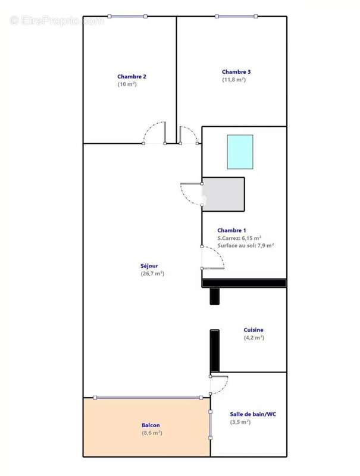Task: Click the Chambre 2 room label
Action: pyautogui.click(x=132, y=76)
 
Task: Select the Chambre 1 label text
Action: pyautogui.click(x=231, y=230)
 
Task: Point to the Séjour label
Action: pyautogui.click(x=149, y=266)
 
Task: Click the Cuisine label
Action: pyautogui.click(x=253, y=330)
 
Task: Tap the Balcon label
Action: pyautogui.click(x=151, y=425)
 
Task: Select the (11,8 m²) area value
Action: pyautogui.click(x=234, y=80)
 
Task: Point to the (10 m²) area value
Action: pyautogui.click(x=127, y=84)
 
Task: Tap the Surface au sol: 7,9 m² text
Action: pyautogui.click(x=246, y=245)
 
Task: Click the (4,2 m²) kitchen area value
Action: pyautogui.click(x=253, y=337)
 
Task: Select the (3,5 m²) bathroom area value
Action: pyautogui.click(x=240, y=422)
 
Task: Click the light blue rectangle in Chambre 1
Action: pyautogui.click(x=240, y=152)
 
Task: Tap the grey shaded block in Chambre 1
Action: pyautogui.click(x=224, y=194)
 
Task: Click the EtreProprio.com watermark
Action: pyautogui.click(x=57, y=20)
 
